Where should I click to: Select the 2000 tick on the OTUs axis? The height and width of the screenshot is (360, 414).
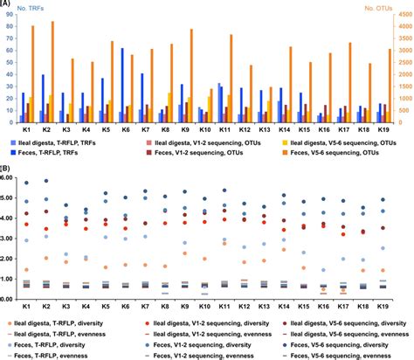tap(398, 73)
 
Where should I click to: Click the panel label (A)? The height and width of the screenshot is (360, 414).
tap(8, 4)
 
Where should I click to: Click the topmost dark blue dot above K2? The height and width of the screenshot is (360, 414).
tap(45, 181)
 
